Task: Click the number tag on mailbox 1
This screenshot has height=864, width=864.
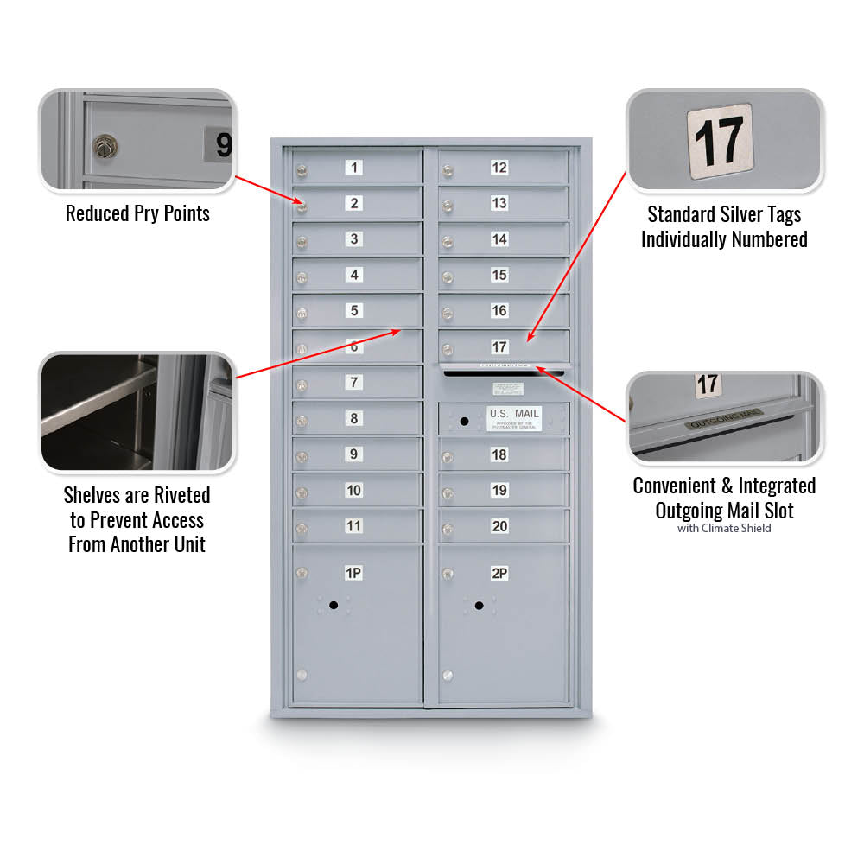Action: (x=353, y=168)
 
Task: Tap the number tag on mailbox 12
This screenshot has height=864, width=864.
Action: (x=499, y=168)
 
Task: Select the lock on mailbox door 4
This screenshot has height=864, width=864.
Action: (x=302, y=277)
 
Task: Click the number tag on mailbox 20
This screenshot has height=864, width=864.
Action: (x=499, y=526)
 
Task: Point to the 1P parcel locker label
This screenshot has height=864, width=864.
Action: (x=353, y=573)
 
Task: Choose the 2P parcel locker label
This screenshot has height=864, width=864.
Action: (x=499, y=573)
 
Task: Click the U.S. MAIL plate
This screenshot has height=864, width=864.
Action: (x=514, y=418)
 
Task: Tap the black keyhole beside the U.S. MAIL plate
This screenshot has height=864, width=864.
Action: (x=464, y=422)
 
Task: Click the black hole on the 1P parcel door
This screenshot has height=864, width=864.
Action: (x=333, y=606)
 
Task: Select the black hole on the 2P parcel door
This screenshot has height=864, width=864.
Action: (x=479, y=606)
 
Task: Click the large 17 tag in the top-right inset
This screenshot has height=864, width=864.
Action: (x=719, y=137)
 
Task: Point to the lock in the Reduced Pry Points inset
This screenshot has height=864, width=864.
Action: (x=105, y=147)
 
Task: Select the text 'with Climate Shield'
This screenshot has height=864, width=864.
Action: (x=724, y=528)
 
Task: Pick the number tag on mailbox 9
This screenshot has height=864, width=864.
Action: (x=353, y=454)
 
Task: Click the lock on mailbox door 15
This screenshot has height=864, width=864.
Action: (x=448, y=277)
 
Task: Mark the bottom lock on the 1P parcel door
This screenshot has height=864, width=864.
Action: (x=302, y=676)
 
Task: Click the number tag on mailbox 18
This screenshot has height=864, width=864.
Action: (x=499, y=454)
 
